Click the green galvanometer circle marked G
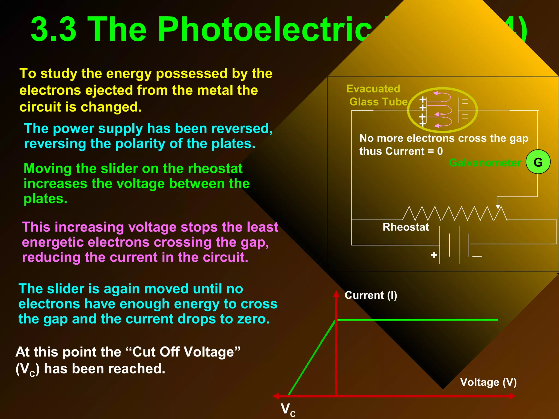(x=538, y=162)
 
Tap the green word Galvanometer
(x=485, y=163)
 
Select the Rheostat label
(x=406, y=227)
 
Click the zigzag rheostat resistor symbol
(x=454, y=213)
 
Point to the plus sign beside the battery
(x=434, y=255)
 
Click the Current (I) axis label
(x=371, y=295)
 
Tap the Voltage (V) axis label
(x=488, y=382)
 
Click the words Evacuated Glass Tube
(x=377, y=95)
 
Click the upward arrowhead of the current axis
(x=336, y=294)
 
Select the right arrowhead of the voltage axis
(x=512, y=396)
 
